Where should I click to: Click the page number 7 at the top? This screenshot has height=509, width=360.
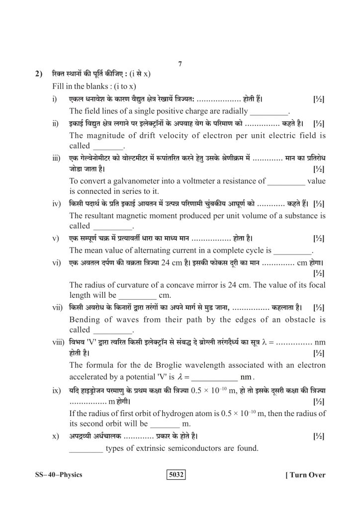click(180, 64)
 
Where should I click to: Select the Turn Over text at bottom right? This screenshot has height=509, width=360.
click(305, 475)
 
